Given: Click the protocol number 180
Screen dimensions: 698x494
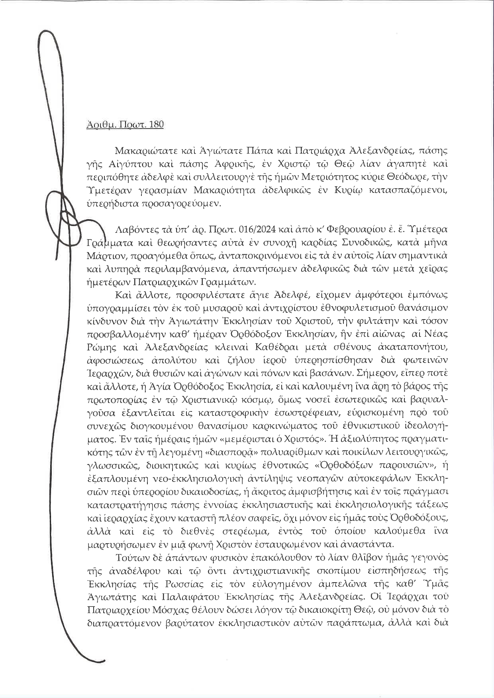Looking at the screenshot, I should coord(156,125).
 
